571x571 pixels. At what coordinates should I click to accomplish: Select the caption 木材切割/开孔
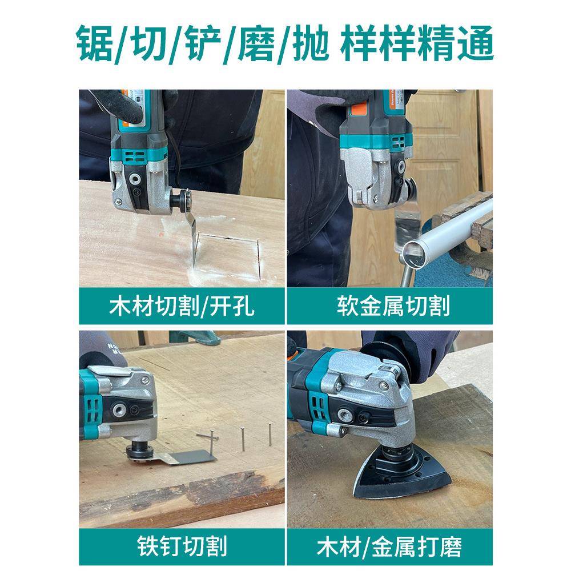click(x=182, y=307)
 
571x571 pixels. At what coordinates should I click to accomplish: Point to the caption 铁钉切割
click(x=182, y=547)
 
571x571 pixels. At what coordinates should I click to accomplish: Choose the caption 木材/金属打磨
click(x=389, y=547)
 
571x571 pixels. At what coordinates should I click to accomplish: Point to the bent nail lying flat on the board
click(x=208, y=437)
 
